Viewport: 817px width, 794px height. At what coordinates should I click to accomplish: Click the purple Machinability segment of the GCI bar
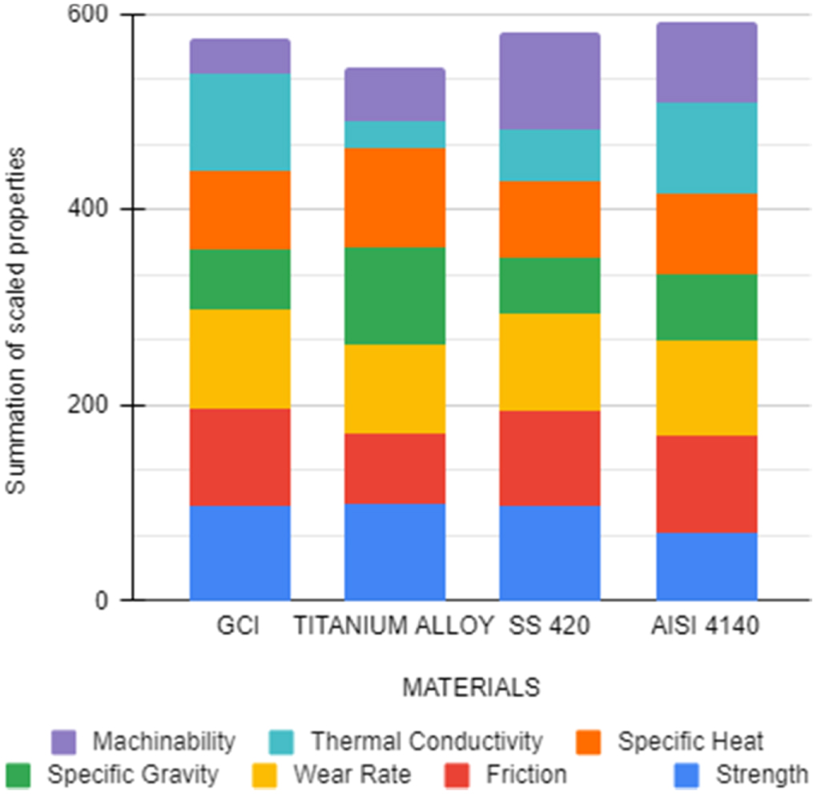[239, 56]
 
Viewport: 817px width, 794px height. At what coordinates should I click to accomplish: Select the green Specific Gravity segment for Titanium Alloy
[395, 296]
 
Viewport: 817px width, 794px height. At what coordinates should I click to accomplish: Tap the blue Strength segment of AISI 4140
[706, 566]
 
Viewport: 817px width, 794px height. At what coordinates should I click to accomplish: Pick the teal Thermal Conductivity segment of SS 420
[549, 155]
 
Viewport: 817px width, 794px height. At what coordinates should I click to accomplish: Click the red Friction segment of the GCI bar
[239, 457]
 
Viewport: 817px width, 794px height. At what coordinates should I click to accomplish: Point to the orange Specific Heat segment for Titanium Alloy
[395, 197]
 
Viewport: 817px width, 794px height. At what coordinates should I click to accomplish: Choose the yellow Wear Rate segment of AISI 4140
[706, 388]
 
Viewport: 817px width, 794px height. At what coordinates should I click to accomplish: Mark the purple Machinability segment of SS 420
[549, 81]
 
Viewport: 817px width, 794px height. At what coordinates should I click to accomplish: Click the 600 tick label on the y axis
[96, 15]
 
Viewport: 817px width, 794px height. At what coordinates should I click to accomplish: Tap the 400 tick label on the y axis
[96, 210]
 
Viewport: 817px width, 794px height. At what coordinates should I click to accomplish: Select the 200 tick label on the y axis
[96, 405]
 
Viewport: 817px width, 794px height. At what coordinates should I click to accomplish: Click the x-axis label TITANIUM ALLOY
[392, 626]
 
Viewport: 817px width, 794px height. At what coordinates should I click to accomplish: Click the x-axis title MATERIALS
[471, 687]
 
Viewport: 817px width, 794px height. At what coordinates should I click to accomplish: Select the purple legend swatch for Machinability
[63, 742]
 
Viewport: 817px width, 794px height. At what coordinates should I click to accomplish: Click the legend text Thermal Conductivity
[426, 742]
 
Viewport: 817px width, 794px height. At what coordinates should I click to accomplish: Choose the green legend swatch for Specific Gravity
[18, 775]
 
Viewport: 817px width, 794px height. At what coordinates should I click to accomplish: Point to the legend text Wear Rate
[352, 775]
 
